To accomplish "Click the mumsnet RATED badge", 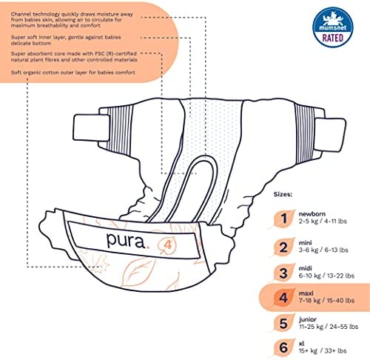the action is pyautogui.click(x=333, y=27).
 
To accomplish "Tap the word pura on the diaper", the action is pyautogui.click(x=126, y=240).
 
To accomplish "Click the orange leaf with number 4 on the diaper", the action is pyautogui.click(x=167, y=245).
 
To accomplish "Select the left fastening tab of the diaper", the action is pyautogui.click(x=91, y=127).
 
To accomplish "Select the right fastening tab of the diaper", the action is pyautogui.click(x=330, y=135).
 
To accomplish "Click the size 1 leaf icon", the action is pyautogui.click(x=283, y=219).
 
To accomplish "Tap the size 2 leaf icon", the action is pyautogui.click(x=283, y=247).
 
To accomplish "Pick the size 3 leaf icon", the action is pyautogui.click(x=283, y=273).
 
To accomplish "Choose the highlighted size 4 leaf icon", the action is pyautogui.click(x=283, y=298).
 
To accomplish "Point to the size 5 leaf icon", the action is pyautogui.click(x=283, y=324).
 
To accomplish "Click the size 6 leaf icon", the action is pyautogui.click(x=283, y=348).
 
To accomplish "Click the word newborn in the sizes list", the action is pyautogui.click(x=312, y=214).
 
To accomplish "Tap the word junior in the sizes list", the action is pyautogui.click(x=308, y=319).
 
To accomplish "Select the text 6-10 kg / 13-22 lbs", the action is pyautogui.click(x=326, y=276).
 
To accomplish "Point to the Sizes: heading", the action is pyautogui.click(x=283, y=194).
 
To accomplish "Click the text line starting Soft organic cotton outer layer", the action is pyautogui.click(x=73, y=73).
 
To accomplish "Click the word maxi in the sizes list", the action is pyautogui.click(x=306, y=293).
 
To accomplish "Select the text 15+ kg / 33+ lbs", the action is pyautogui.click(x=323, y=351).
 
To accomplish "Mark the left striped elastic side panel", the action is pyautogui.click(x=121, y=130).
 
